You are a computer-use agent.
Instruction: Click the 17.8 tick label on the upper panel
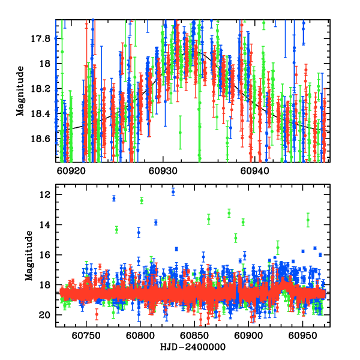[x=40, y=38]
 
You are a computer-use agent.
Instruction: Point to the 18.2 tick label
[x=40, y=89]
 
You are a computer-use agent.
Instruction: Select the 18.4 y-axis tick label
[x=40, y=113]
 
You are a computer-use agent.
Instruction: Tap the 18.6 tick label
[x=40, y=139]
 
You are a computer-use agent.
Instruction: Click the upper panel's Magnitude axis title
[x=20, y=91]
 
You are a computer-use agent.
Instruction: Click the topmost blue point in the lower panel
[x=173, y=191]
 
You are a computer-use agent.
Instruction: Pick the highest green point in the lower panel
[x=142, y=200]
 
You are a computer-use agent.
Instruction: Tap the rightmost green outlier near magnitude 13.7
[x=308, y=220]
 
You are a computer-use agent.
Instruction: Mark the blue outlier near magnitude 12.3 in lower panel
[x=114, y=198]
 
